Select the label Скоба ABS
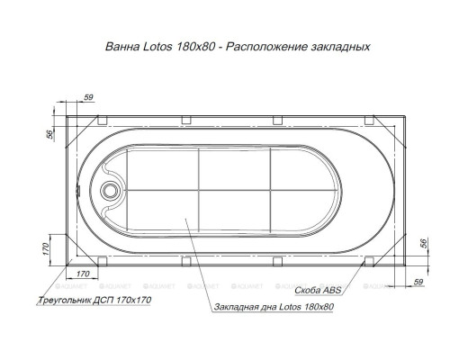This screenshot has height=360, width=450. pyautogui.click(x=318, y=291)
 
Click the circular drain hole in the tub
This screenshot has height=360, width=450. pyautogui.click(x=111, y=191)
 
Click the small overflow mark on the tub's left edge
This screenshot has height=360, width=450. pyautogui.click(x=79, y=190)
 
